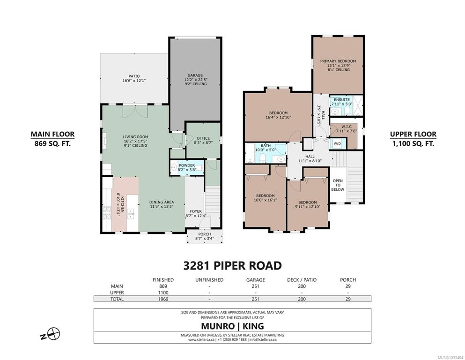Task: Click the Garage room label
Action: [x=195, y=80]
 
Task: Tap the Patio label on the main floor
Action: [x=134, y=78]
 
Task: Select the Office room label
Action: [x=203, y=140]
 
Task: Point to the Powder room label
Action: [x=187, y=167]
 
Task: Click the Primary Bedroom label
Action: [x=338, y=65]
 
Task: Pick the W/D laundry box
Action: [x=338, y=143]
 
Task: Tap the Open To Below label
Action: [x=338, y=185]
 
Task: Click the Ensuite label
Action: [x=342, y=102]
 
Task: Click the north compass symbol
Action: [x=52, y=334]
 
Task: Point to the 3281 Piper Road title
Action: [x=232, y=265]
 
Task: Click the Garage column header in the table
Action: [x=255, y=280]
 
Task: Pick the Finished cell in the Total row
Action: [x=163, y=299]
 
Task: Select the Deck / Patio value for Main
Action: [x=302, y=286]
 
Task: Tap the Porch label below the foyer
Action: [x=205, y=236]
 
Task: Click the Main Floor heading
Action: [x=53, y=134]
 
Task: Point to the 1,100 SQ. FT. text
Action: [x=413, y=143]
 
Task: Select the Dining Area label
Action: [x=162, y=204]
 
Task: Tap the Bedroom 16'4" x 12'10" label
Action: [x=278, y=115]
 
